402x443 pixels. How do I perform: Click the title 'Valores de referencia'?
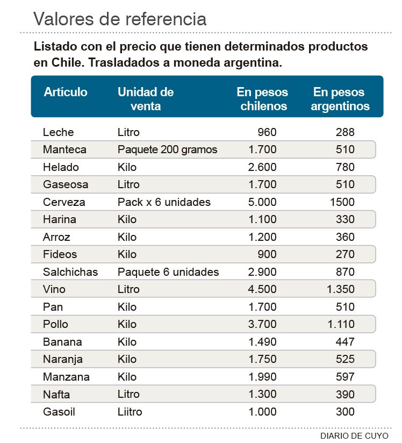120,19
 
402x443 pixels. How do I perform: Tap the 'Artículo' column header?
66,92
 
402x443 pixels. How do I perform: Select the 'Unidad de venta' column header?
146,99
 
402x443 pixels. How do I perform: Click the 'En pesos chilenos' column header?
263,99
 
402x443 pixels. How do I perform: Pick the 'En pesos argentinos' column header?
340,99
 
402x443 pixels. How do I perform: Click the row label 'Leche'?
58,132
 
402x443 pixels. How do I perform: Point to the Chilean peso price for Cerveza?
262,202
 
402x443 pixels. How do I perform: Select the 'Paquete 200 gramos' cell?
167,149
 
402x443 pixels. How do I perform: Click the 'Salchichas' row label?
70,272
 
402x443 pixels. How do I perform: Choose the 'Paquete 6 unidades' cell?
168,272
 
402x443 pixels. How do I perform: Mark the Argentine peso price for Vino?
340,289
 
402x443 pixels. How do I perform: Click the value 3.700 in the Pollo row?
262,324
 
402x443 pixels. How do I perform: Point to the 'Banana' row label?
62,342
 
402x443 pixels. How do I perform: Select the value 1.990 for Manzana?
262,377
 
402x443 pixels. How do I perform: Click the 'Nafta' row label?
56,395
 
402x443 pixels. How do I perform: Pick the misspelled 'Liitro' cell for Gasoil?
130,412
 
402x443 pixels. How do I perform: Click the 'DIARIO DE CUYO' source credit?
354,435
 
